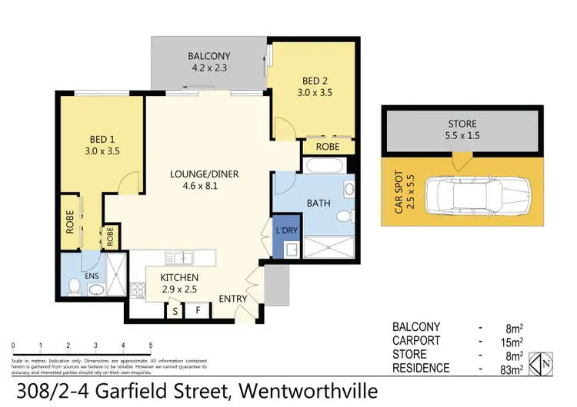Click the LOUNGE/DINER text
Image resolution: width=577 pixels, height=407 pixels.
(205, 174)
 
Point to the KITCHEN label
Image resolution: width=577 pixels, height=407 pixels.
(179, 277)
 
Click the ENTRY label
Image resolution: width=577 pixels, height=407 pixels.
(232, 299)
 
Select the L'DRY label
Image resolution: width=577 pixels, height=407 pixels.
(286, 230)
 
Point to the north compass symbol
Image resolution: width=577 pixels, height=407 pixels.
(544, 362)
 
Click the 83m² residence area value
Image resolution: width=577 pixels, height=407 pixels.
(511, 369)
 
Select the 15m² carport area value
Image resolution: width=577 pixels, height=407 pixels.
(511, 341)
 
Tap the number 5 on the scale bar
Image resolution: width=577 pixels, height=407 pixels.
(151, 345)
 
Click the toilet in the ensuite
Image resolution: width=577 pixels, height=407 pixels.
(74, 286)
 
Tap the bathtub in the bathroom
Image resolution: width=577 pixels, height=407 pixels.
(319, 166)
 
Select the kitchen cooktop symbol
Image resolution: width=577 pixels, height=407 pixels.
(138, 290)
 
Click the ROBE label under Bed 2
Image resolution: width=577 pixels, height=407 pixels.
(318, 146)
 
